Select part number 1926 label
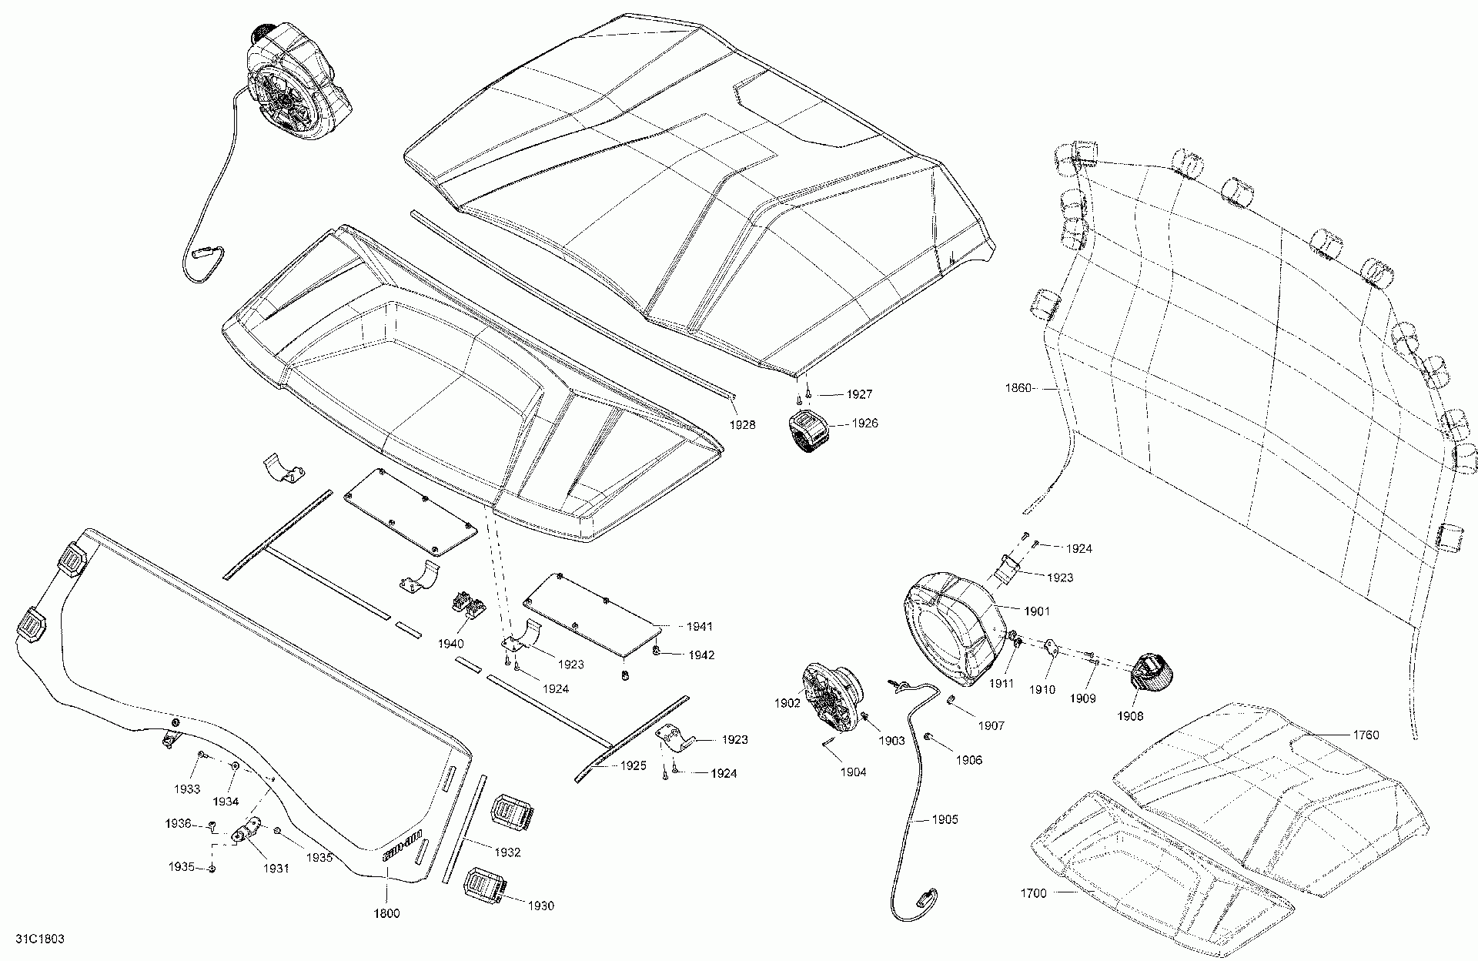click(x=864, y=424)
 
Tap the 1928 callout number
click(x=743, y=425)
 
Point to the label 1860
click(x=1018, y=388)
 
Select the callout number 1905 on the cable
click(x=945, y=819)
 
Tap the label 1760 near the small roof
click(x=1366, y=735)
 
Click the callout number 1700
click(x=1034, y=893)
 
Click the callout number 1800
click(x=386, y=914)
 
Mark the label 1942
click(x=701, y=655)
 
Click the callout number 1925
click(x=632, y=767)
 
